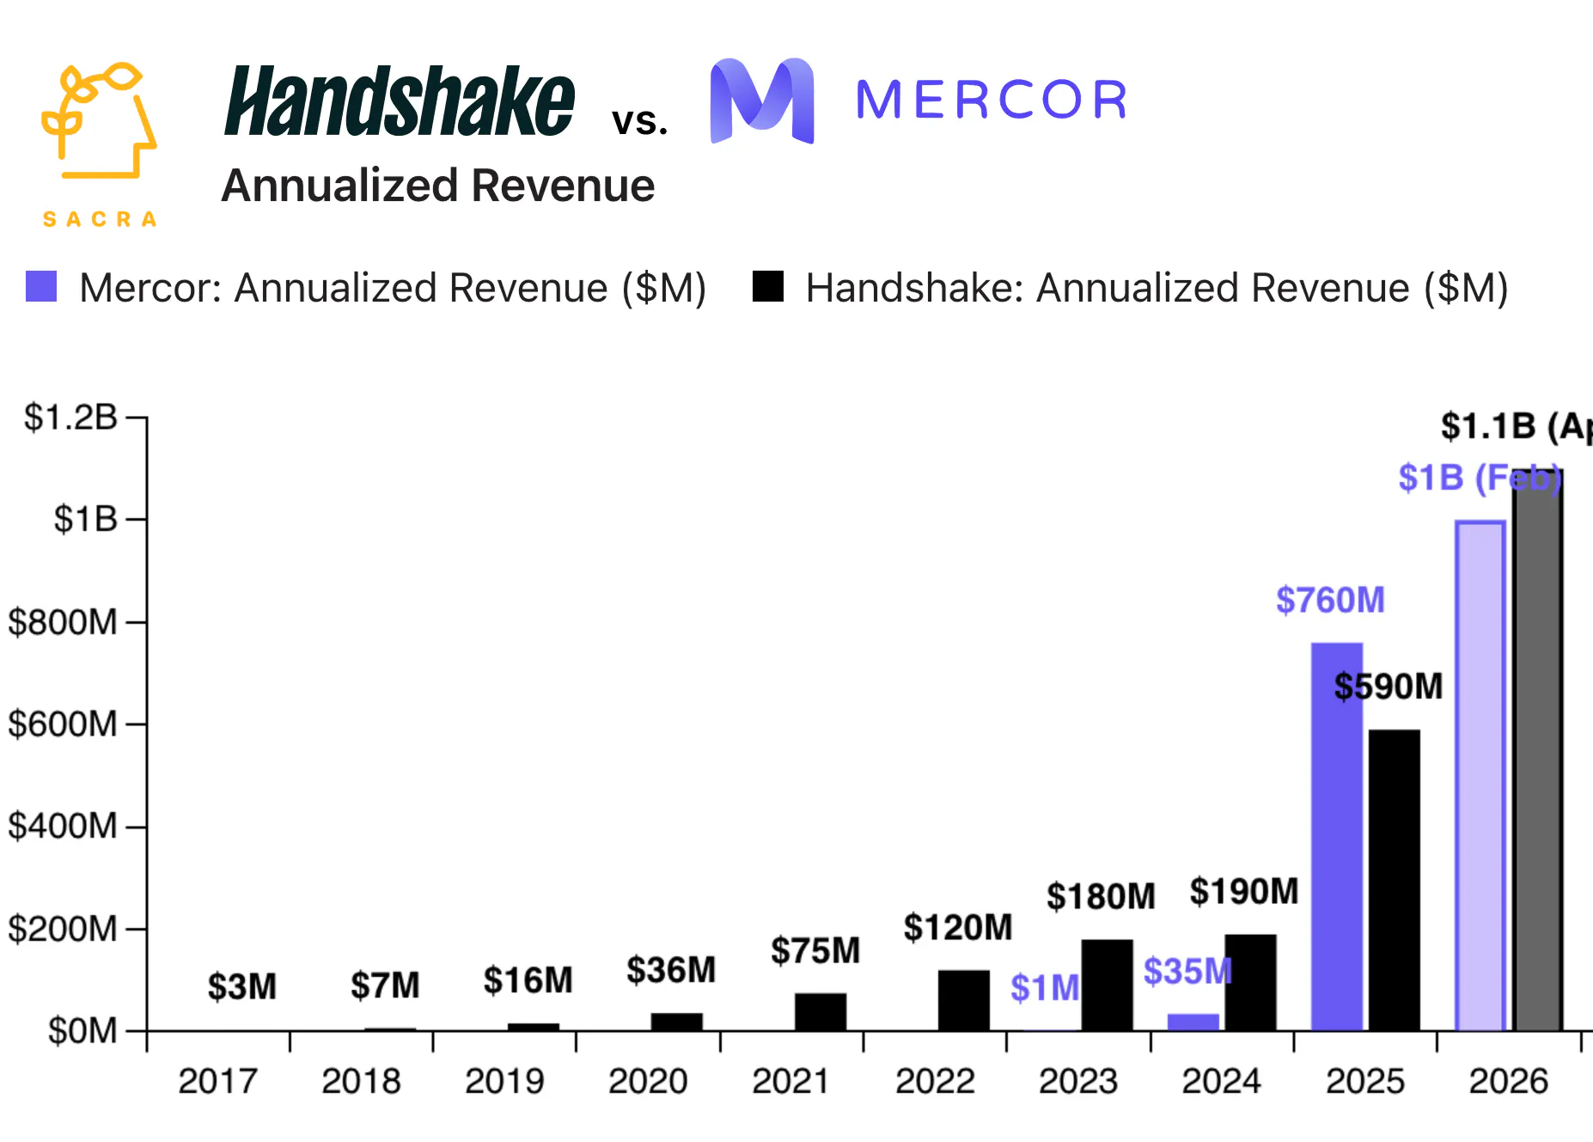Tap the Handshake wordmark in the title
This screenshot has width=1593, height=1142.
(399, 102)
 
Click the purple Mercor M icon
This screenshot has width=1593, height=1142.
(762, 101)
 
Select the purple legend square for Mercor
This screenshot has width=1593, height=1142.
(41, 287)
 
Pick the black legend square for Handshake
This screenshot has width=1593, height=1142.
(767, 287)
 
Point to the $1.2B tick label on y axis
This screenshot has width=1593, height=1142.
(70, 418)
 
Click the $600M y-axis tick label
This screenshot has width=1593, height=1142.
(62, 724)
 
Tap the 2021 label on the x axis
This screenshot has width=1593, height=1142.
(790, 1081)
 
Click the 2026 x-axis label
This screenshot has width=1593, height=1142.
(1508, 1081)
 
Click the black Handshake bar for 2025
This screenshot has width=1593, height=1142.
(1394, 880)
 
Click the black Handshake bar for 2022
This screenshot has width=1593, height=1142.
(963, 1000)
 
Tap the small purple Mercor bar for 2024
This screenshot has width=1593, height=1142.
(1193, 1022)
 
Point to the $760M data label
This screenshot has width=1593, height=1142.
(1330, 600)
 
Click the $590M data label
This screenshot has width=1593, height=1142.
(1388, 687)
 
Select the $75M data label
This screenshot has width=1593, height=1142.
(815, 950)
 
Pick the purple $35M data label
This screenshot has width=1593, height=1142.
(1187, 972)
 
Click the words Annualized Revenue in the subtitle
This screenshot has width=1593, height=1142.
(438, 186)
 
